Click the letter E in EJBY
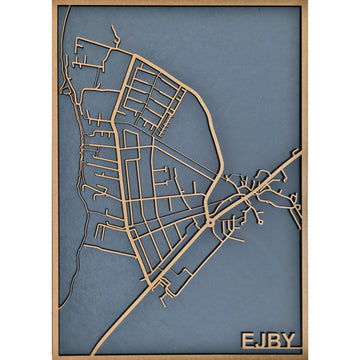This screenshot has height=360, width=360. tap(248, 341)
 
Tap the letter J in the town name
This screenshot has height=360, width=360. tap(262, 341)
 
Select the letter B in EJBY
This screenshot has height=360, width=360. tap(275, 341)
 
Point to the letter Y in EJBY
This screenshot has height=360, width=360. tap(290, 341)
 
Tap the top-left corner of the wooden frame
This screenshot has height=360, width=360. tap(53, 3)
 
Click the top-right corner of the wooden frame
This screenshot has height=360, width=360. tap(306, 3)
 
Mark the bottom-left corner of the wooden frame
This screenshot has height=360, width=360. tap(53, 357)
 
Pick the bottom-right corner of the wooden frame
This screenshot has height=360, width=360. tap(306, 357)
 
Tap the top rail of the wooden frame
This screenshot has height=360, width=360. tap(180, 4)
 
